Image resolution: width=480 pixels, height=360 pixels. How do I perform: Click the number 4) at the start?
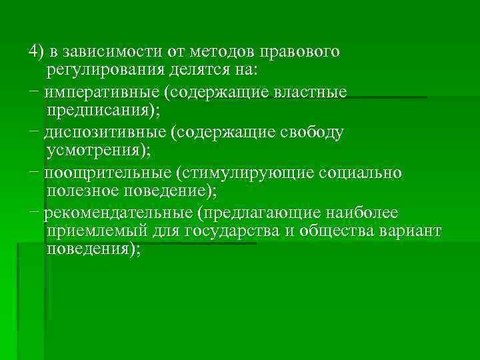(x=35, y=52)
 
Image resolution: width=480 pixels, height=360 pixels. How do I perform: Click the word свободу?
(x=313, y=133)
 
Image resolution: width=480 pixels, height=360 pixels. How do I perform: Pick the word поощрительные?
(x=106, y=173)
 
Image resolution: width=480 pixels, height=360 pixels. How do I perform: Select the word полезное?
(x=85, y=191)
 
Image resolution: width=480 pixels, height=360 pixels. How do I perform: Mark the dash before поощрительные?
(x=35, y=173)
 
